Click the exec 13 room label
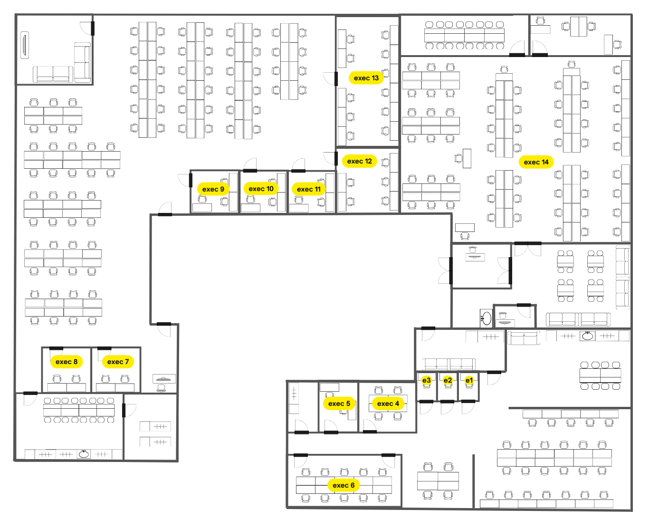[366, 78]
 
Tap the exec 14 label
[536, 162]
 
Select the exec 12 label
[359, 161]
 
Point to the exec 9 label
[213, 189]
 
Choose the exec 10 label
[261, 189]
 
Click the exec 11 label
[308, 189]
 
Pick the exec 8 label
[66, 362]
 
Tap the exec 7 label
[118, 362]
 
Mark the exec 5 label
[339, 404]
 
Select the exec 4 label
[388, 404]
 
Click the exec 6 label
[344, 485]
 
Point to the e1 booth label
[469, 380]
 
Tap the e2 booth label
[448, 380]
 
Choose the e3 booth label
[427, 380]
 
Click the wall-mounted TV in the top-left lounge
[25, 45]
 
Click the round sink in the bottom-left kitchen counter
[84, 454]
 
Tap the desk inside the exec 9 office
[202, 208]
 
